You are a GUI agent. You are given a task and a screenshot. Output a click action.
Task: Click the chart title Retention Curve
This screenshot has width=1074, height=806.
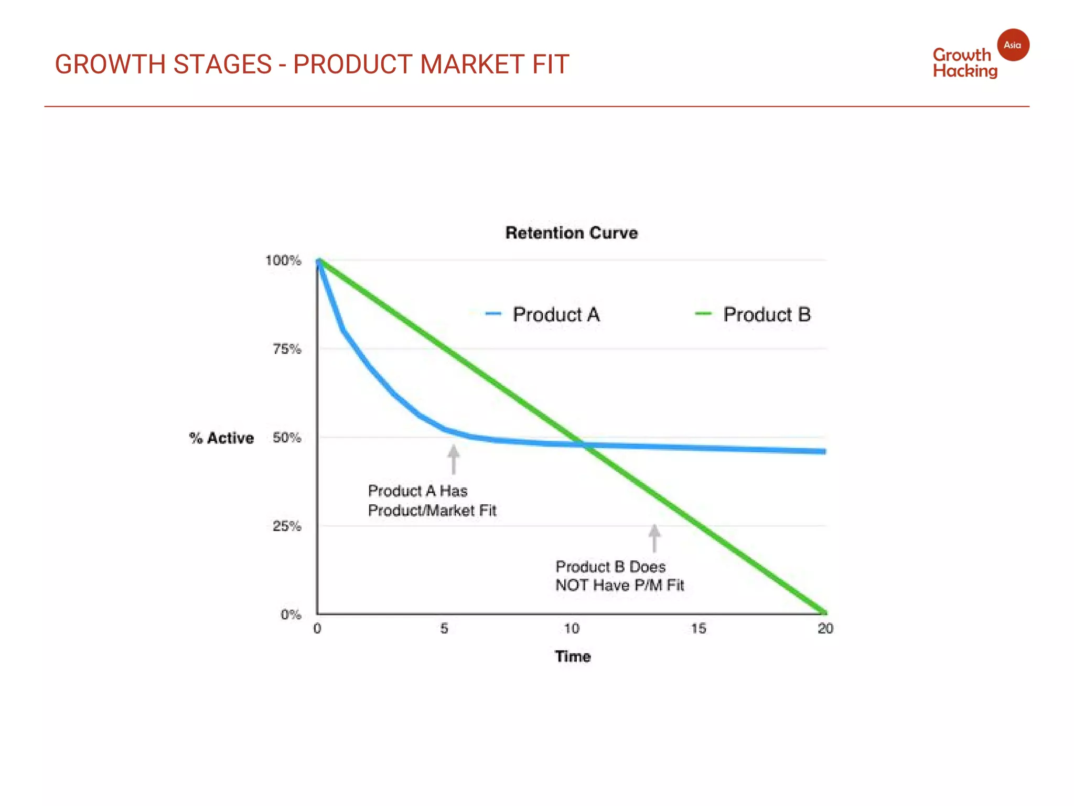tap(572, 233)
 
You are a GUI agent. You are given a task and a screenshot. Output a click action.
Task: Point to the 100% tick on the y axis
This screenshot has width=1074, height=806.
tap(283, 261)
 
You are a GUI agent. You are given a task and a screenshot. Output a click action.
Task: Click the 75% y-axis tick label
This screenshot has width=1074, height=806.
tap(287, 349)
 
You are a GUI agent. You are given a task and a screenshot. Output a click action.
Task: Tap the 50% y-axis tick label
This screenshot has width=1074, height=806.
tap(287, 438)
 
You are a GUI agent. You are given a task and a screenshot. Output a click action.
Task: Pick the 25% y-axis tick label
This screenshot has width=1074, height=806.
tap(287, 526)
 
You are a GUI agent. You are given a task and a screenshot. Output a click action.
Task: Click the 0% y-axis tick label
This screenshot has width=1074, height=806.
tap(291, 614)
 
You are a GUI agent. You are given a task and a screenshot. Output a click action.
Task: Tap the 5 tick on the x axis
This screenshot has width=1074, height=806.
tap(444, 629)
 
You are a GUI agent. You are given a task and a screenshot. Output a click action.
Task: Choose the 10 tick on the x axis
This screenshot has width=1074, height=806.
tap(572, 629)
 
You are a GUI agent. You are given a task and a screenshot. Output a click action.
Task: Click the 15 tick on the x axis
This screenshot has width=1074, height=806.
tap(699, 629)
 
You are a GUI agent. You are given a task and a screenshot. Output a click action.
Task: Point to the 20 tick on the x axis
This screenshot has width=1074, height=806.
tap(825, 629)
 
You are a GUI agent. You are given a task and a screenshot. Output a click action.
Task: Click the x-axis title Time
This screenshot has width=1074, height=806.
tap(573, 656)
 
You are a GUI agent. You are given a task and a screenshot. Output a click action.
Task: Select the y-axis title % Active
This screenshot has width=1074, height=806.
tap(221, 438)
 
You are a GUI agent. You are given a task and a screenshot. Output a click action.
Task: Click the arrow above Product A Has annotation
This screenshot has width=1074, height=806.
tap(454, 459)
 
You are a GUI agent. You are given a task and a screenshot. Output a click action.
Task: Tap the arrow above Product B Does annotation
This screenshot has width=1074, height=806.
tap(654, 538)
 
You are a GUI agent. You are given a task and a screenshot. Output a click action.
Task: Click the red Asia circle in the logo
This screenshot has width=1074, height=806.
tap(1013, 45)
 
